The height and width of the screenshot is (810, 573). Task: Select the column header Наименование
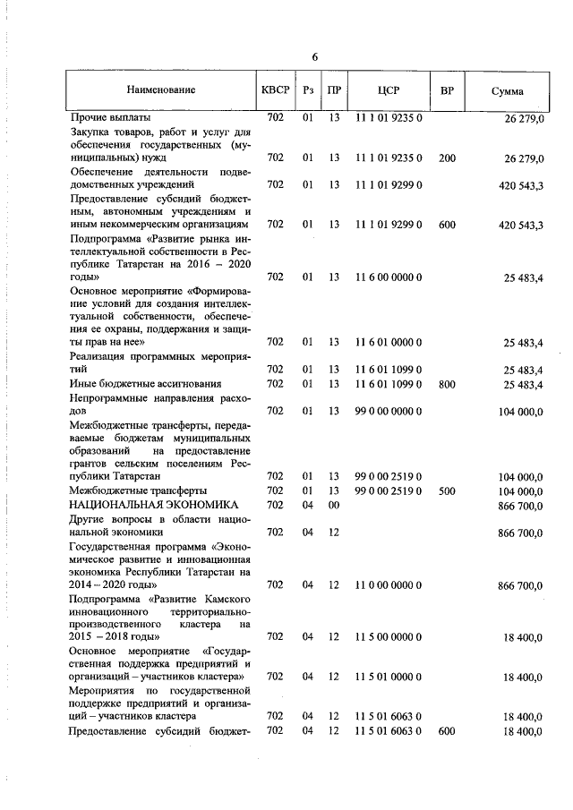[x=160, y=90]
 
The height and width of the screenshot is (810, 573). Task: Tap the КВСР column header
[x=275, y=90]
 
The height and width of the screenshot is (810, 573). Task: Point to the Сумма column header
[x=508, y=90]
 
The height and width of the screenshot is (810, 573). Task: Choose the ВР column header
[x=447, y=90]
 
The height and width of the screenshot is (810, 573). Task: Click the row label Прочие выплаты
[x=110, y=117]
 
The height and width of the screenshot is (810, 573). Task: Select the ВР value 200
[x=447, y=158]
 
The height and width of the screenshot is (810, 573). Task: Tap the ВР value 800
[x=447, y=384]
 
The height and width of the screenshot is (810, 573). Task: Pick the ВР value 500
[x=447, y=490]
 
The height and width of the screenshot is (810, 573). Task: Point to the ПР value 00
[x=333, y=505]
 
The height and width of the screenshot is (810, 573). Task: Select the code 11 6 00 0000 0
[x=389, y=277]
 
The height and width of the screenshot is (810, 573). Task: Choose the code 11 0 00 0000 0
[x=389, y=584]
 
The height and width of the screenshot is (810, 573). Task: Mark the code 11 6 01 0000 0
[x=389, y=341]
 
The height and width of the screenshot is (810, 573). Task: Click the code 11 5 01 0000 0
[x=389, y=677]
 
